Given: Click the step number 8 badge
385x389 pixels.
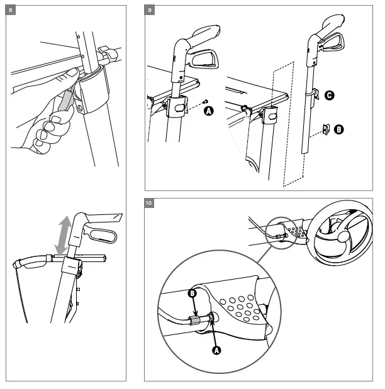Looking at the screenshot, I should click(x=9, y=9).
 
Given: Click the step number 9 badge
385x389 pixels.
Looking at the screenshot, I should click(x=149, y=9).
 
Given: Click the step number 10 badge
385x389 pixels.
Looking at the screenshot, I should click(x=149, y=203).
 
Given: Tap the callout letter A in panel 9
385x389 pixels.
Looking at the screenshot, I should click(x=209, y=111).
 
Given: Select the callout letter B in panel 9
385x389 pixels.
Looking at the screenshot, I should click(x=339, y=129).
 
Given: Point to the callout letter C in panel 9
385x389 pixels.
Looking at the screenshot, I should click(x=330, y=96).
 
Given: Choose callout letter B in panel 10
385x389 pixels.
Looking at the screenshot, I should click(x=194, y=293).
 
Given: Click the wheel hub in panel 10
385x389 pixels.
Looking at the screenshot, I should click(x=344, y=239).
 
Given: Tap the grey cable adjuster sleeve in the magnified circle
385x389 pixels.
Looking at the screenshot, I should click(x=197, y=321).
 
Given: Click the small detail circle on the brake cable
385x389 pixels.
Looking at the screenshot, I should click(x=282, y=233).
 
